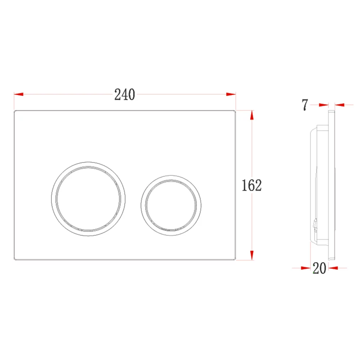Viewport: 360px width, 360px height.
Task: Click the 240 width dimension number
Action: [125, 95]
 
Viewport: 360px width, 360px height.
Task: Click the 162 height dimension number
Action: [251, 185]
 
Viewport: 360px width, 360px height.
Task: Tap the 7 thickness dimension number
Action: [305, 105]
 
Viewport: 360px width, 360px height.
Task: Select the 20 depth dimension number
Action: [319, 268]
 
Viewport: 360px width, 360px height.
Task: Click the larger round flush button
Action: [88, 199]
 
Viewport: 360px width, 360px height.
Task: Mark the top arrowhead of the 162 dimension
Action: [252, 115]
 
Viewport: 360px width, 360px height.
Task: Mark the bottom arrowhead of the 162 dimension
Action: [252, 255]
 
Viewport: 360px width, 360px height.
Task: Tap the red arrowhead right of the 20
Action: [333, 268]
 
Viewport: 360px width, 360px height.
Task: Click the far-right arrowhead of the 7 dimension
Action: [339, 105]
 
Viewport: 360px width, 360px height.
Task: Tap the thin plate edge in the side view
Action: [332, 184]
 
